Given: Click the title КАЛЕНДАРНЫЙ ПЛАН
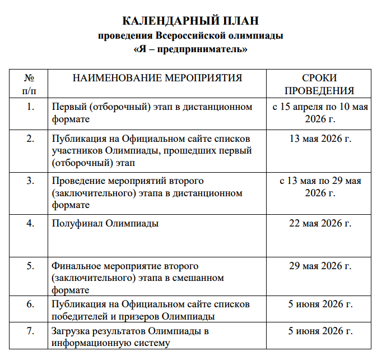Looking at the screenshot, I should click(x=190, y=21).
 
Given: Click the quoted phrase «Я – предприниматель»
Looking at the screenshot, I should click(x=190, y=49).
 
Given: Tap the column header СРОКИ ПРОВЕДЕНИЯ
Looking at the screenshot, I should click(x=320, y=84).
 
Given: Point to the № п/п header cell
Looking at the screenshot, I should click(x=30, y=84).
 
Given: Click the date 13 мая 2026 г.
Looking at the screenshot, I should click(x=320, y=138).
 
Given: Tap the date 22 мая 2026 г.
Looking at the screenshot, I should click(x=320, y=223).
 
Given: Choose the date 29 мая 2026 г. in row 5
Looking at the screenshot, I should click(x=320, y=265).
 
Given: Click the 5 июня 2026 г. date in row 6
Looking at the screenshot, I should click(x=320, y=304).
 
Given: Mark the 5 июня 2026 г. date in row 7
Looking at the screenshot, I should click(x=320, y=331).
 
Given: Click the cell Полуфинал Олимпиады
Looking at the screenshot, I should click(x=105, y=223).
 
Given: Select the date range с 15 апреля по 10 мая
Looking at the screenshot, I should click(x=320, y=107).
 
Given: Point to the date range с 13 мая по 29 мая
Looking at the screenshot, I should click(x=320, y=181).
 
